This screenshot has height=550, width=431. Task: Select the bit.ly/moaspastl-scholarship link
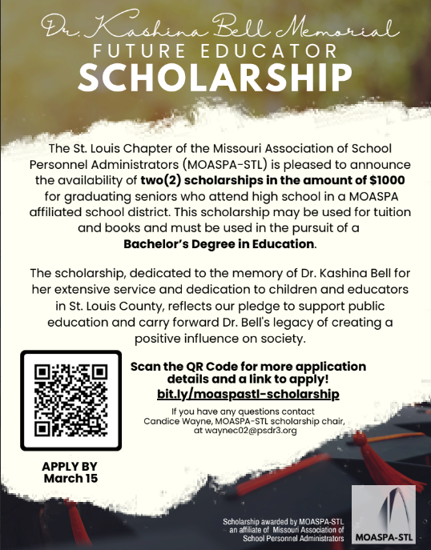pos(248,395)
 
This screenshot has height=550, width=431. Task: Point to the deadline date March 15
pos(70,479)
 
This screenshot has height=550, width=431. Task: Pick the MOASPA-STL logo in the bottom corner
pos(381,514)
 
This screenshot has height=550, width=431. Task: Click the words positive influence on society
pos(215,338)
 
